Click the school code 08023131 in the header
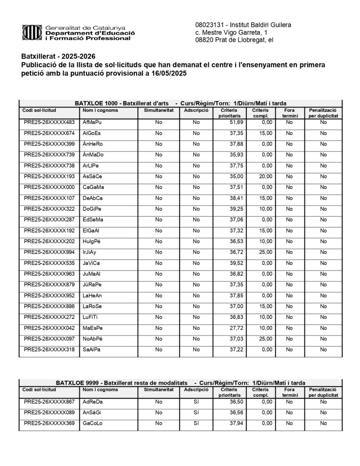tap(209, 24)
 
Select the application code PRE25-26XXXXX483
tap(49, 122)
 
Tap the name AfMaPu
tap(92, 122)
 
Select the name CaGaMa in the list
tap(93, 187)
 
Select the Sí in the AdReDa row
tap(196, 402)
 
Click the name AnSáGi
tap(92, 413)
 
